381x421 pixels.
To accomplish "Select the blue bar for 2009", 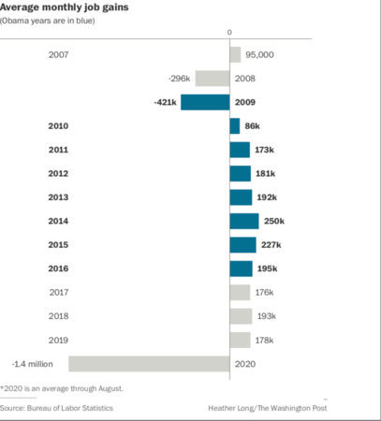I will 205,102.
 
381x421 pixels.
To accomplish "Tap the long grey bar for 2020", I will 149,364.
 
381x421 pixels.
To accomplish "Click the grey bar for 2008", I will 212,78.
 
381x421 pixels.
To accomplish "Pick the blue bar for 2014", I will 243,221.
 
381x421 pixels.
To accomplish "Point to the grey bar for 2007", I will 234,54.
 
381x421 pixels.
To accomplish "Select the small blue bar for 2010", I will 234,125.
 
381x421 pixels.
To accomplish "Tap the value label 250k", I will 274,221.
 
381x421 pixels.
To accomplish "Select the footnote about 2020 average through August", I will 62,387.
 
